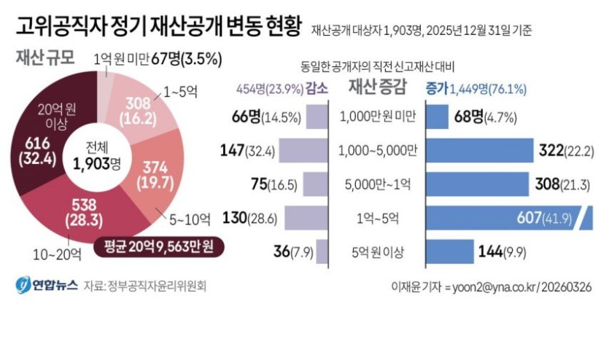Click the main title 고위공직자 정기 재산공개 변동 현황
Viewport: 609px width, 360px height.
(156, 28)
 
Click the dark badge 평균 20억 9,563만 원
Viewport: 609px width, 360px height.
(158, 247)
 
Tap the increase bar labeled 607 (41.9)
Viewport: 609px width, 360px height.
(504, 217)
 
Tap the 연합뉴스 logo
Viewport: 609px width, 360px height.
(45, 285)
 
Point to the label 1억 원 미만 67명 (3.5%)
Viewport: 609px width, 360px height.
(158, 59)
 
